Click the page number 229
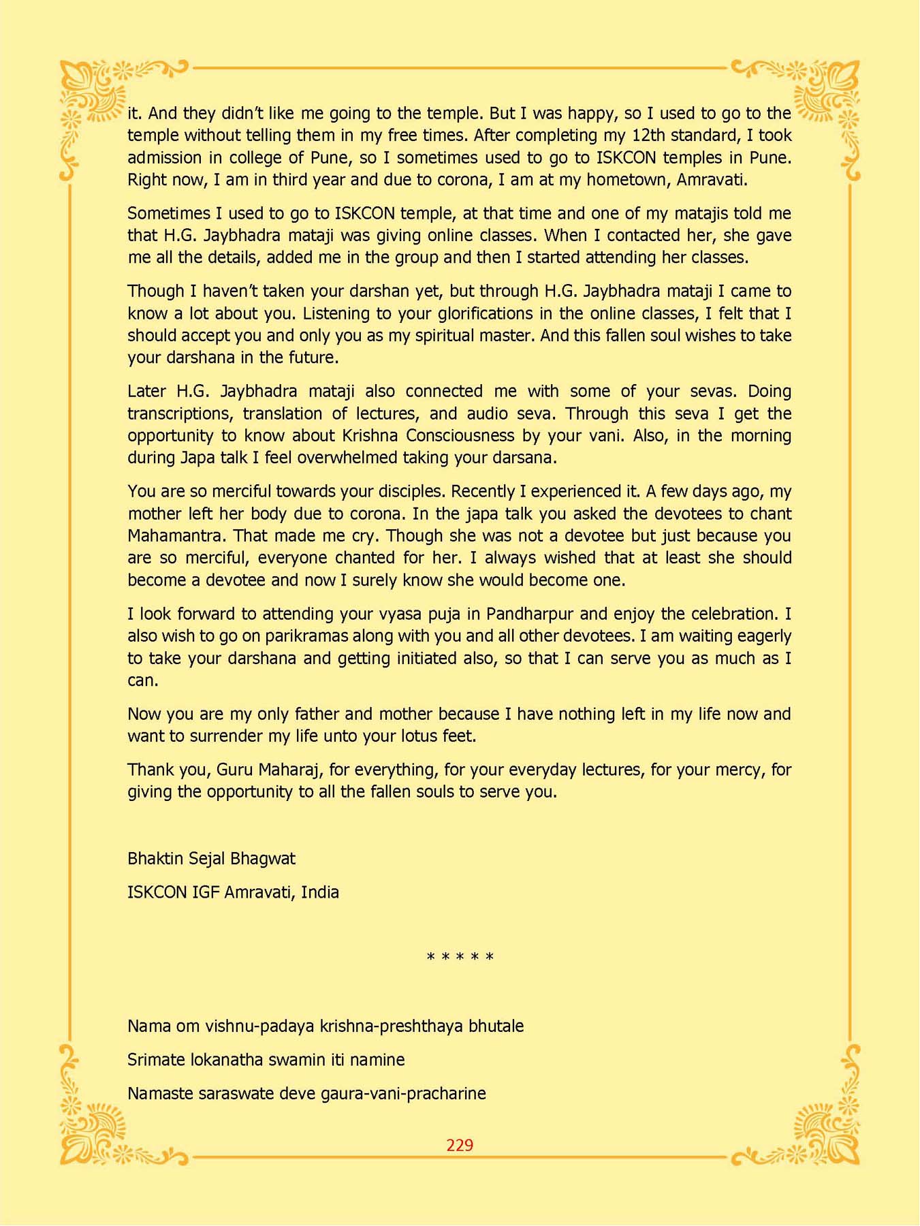(460, 1145)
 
